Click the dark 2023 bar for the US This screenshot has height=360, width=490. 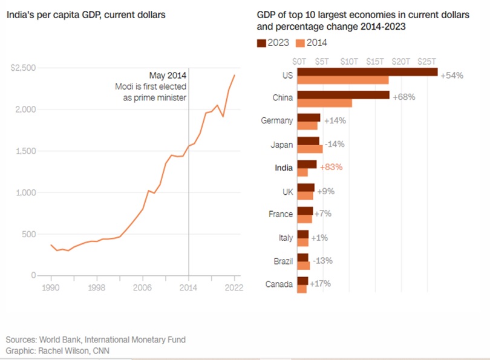(367, 72)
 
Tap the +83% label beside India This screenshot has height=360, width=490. (331, 168)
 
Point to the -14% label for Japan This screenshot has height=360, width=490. (335, 145)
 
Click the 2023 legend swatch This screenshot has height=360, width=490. (262, 42)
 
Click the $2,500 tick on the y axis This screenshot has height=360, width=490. (23, 68)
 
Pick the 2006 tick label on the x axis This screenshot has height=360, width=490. (142, 288)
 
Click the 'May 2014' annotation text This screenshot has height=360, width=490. (168, 76)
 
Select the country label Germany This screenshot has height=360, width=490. (276, 121)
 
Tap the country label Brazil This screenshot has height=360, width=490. (283, 261)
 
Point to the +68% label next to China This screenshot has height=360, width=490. (403, 97)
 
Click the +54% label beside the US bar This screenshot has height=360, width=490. (452, 76)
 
